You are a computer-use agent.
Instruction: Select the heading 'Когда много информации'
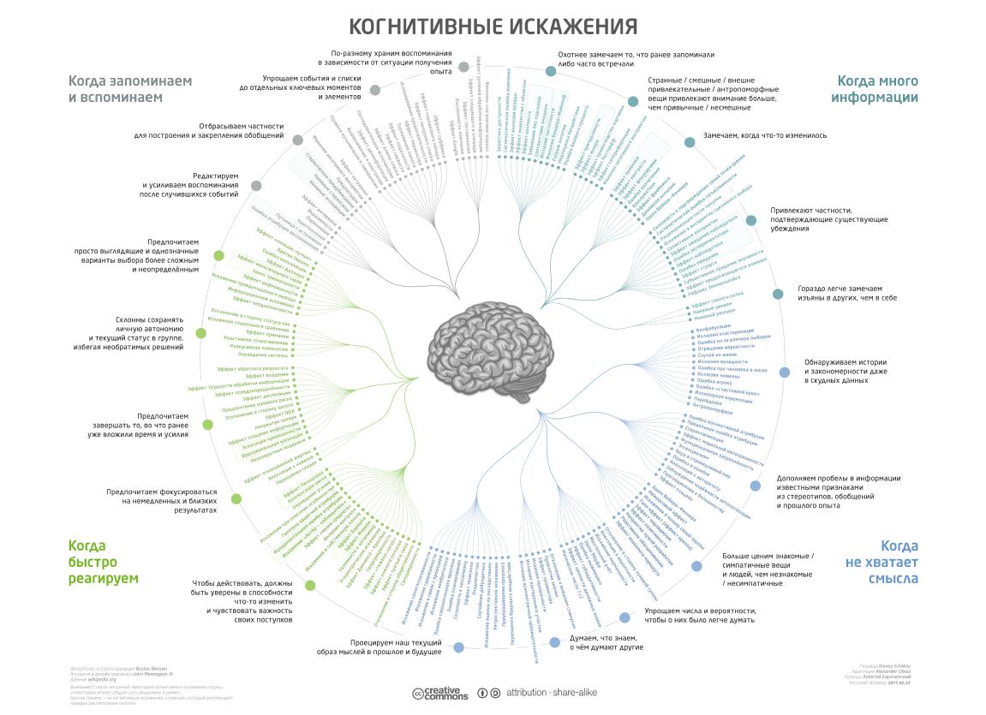(877, 89)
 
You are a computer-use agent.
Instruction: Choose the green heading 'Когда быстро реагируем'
(104, 562)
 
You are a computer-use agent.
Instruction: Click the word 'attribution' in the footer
(524, 692)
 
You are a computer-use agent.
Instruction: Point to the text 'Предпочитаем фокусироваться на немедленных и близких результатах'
(162, 501)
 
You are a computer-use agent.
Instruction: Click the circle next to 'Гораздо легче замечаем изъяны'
(778, 294)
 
